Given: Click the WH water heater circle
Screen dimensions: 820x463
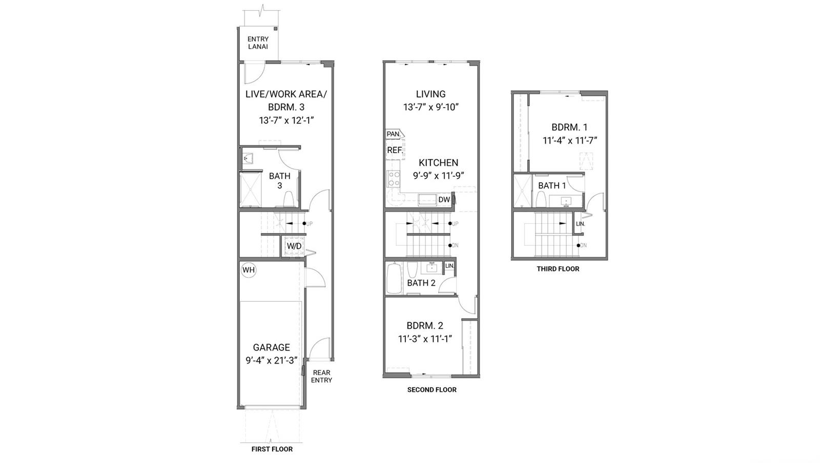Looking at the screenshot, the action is pyautogui.click(x=249, y=270).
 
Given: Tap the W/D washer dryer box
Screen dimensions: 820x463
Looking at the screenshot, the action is pyautogui.click(x=294, y=246).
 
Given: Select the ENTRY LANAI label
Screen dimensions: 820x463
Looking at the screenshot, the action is pyautogui.click(x=258, y=43).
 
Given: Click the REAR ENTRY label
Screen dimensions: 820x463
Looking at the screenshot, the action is pyautogui.click(x=321, y=376).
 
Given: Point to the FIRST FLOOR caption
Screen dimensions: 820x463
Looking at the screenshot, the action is pyautogui.click(x=272, y=449).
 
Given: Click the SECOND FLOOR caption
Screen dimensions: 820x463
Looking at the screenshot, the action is pyautogui.click(x=432, y=390).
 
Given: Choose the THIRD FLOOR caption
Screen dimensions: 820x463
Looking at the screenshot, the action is pyautogui.click(x=558, y=269).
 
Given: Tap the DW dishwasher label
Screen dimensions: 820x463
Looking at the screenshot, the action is pyautogui.click(x=444, y=200).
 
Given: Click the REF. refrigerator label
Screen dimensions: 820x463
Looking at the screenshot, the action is pyautogui.click(x=395, y=150).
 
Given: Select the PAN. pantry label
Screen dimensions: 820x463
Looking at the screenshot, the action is pyautogui.click(x=394, y=134).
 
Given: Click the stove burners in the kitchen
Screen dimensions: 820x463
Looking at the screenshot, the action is pyautogui.click(x=394, y=179).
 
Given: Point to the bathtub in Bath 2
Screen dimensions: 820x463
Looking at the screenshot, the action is pyautogui.click(x=394, y=278).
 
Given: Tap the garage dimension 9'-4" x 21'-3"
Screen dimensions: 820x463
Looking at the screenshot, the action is pyautogui.click(x=271, y=361).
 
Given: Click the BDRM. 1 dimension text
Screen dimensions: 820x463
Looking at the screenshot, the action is pyautogui.click(x=569, y=140).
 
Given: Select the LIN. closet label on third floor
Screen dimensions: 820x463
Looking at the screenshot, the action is pyautogui.click(x=580, y=224).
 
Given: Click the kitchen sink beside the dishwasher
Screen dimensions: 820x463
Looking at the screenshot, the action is pyautogui.click(x=427, y=200).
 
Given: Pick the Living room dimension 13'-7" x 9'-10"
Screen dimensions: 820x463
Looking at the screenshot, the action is pyautogui.click(x=431, y=107).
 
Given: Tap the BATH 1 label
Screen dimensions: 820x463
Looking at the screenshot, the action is pyautogui.click(x=552, y=186).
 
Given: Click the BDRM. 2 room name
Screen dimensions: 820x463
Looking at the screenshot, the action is pyautogui.click(x=425, y=326).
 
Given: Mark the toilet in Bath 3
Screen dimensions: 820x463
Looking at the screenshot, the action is pyautogui.click(x=289, y=199).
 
